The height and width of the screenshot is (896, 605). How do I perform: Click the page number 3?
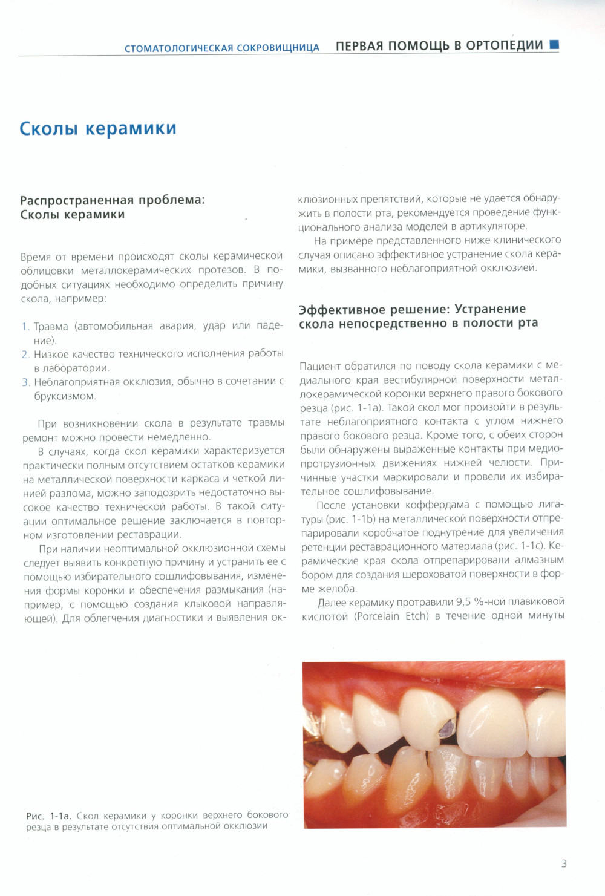pyautogui.click(x=564, y=863)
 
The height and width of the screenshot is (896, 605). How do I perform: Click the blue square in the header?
pyautogui.click(x=554, y=44)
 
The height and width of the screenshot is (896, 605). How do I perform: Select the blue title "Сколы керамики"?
pyautogui.click(x=98, y=128)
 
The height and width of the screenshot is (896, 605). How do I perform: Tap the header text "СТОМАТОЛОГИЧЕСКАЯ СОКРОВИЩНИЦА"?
pyautogui.click(x=221, y=48)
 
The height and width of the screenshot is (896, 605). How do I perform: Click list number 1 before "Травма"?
pyautogui.click(x=25, y=327)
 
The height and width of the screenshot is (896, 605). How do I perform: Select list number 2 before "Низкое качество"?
pyautogui.click(x=25, y=355)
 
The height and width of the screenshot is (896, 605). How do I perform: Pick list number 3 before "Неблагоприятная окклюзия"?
pyautogui.click(x=25, y=382)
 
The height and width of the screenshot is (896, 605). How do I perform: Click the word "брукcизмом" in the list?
pyautogui.click(x=65, y=396)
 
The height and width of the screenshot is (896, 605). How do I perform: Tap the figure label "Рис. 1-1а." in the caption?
pyautogui.click(x=48, y=816)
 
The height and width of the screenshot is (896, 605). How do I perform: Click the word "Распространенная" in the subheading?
pyautogui.click(x=76, y=200)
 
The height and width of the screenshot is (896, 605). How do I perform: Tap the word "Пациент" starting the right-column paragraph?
pyautogui.click(x=320, y=366)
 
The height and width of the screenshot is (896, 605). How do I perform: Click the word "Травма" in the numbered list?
pyautogui.click(x=51, y=327)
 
